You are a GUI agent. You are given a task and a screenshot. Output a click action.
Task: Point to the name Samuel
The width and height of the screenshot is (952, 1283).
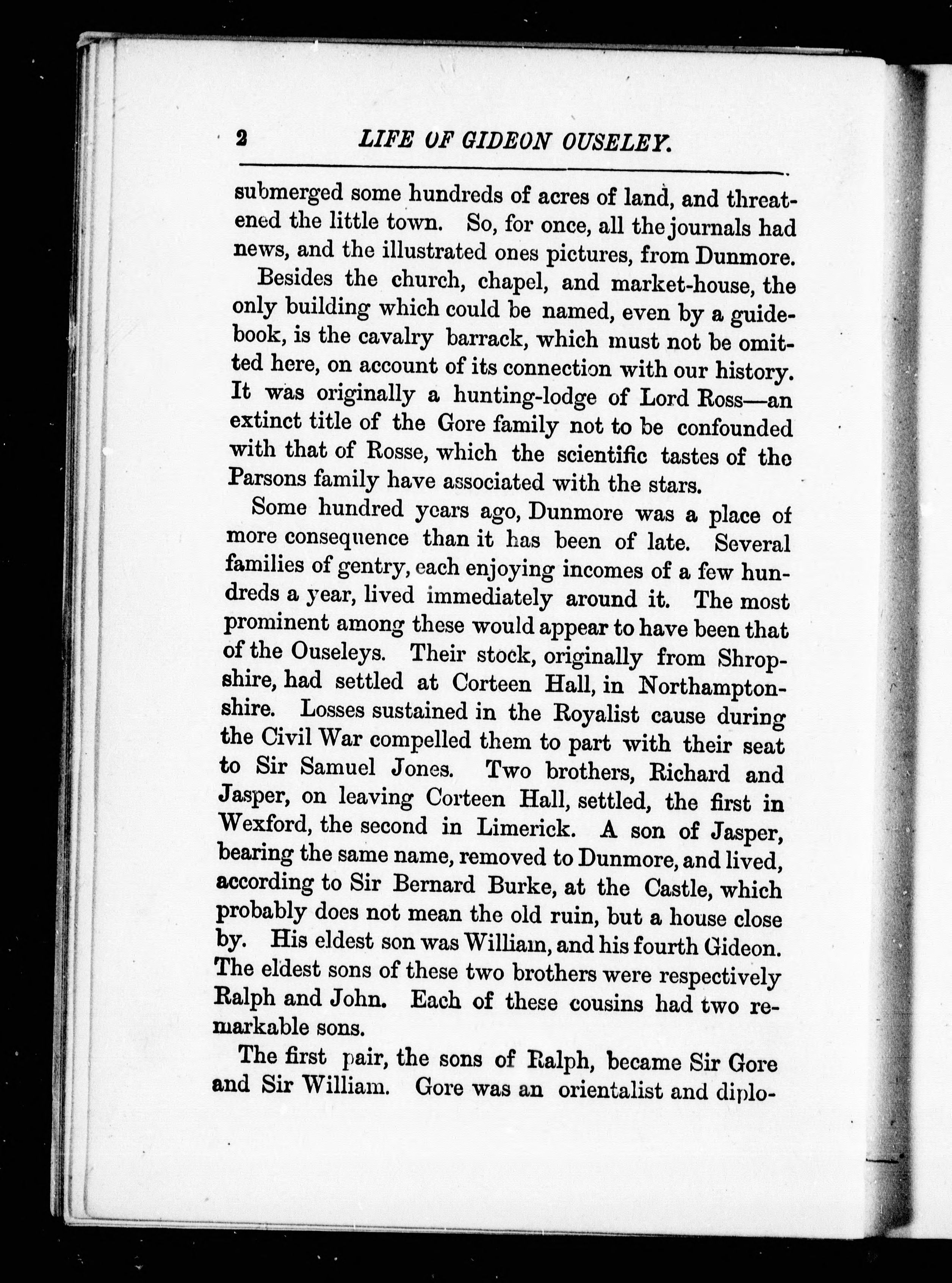tap(338, 767)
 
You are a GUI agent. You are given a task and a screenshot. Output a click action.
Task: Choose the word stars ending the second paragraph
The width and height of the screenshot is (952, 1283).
tap(675, 485)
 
